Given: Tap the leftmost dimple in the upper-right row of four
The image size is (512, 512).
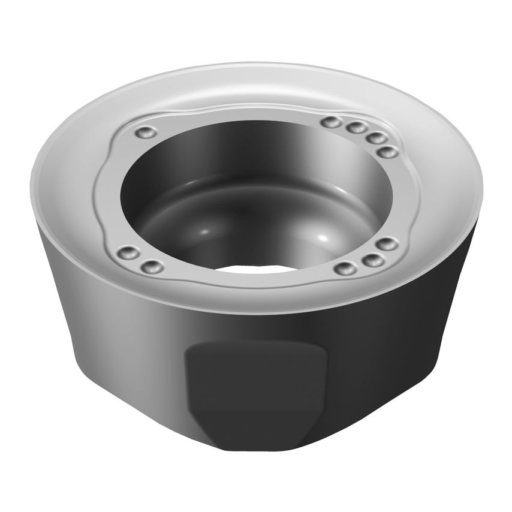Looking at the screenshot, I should (329, 122).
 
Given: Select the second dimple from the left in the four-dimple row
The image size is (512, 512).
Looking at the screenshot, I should (356, 128).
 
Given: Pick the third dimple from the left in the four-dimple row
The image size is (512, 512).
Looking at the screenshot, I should (376, 138).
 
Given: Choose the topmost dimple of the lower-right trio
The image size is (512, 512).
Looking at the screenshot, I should (387, 243).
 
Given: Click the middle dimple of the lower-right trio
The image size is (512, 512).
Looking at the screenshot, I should (373, 259).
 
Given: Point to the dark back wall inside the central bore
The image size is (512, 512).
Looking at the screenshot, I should (252, 144).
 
